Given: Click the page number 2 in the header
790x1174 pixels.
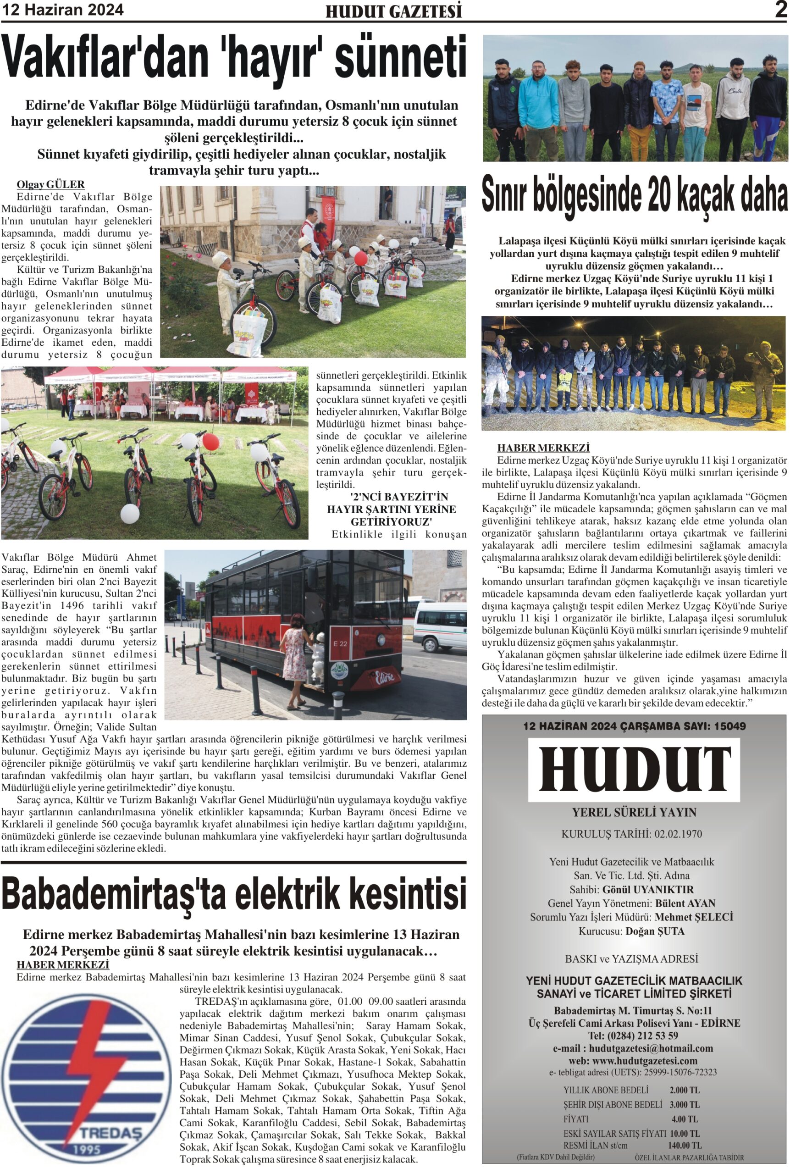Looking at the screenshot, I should tap(781, 10).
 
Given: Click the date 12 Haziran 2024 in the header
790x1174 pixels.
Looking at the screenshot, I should tap(63, 10).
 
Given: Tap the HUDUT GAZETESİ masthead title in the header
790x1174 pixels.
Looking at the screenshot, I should tap(393, 11).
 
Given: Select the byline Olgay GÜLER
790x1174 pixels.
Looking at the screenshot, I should tap(50, 184).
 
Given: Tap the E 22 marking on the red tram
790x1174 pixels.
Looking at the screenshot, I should tap(340, 643).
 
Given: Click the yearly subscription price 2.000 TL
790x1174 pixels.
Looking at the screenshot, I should tap(684, 1091).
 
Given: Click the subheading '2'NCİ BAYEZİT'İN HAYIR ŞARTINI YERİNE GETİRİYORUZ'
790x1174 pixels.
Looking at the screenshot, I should tap(392, 509).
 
